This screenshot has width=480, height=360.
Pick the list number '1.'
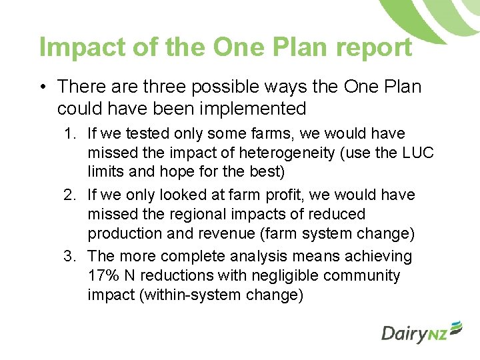point(71,134)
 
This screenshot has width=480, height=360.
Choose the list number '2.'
point(71,195)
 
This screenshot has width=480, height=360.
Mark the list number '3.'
point(71,257)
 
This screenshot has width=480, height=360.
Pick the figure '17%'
point(102,276)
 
